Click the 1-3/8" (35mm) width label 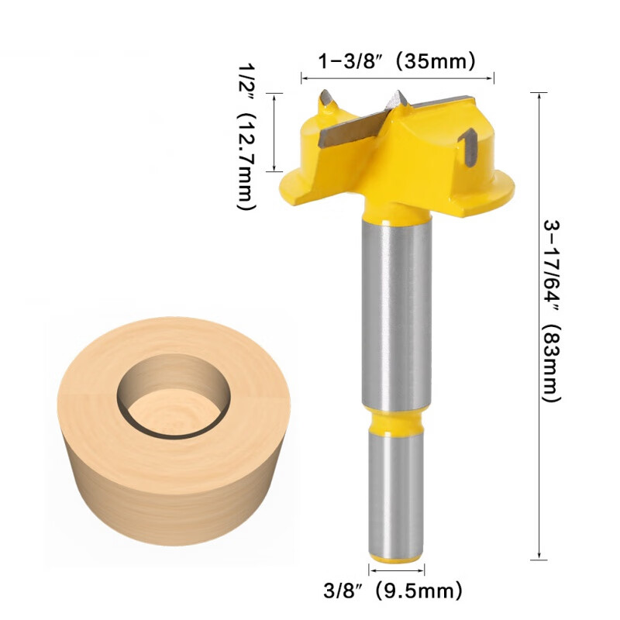coord(397,60)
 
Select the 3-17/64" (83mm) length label coord(550,310)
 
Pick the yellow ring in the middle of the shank coord(395,423)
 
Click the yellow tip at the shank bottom coord(395,556)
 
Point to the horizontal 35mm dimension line coord(397,77)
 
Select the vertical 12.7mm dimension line coord(274,132)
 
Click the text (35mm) coord(435,60)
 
